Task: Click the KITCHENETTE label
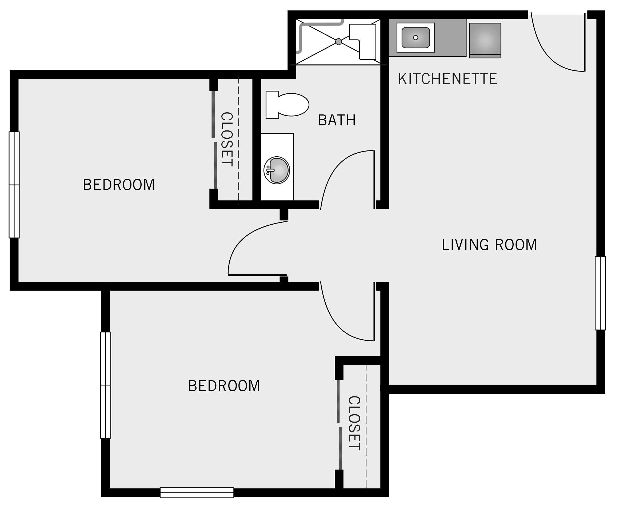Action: pyautogui.click(x=447, y=79)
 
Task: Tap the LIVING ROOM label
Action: pyautogui.click(x=489, y=245)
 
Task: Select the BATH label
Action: pyautogui.click(x=337, y=120)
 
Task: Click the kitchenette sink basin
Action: pyautogui.click(x=416, y=38)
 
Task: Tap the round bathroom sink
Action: pyautogui.click(x=277, y=170)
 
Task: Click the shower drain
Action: pyautogui.click(x=338, y=42)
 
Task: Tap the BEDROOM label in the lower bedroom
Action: pyautogui.click(x=224, y=386)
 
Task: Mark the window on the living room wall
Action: pyautogui.click(x=600, y=293)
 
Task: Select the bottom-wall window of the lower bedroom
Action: pyautogui.click(x=197, y=492)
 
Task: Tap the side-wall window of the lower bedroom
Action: pyautogui.click(x=106, y=385)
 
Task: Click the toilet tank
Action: pyautogui.click(x=272, y=105)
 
